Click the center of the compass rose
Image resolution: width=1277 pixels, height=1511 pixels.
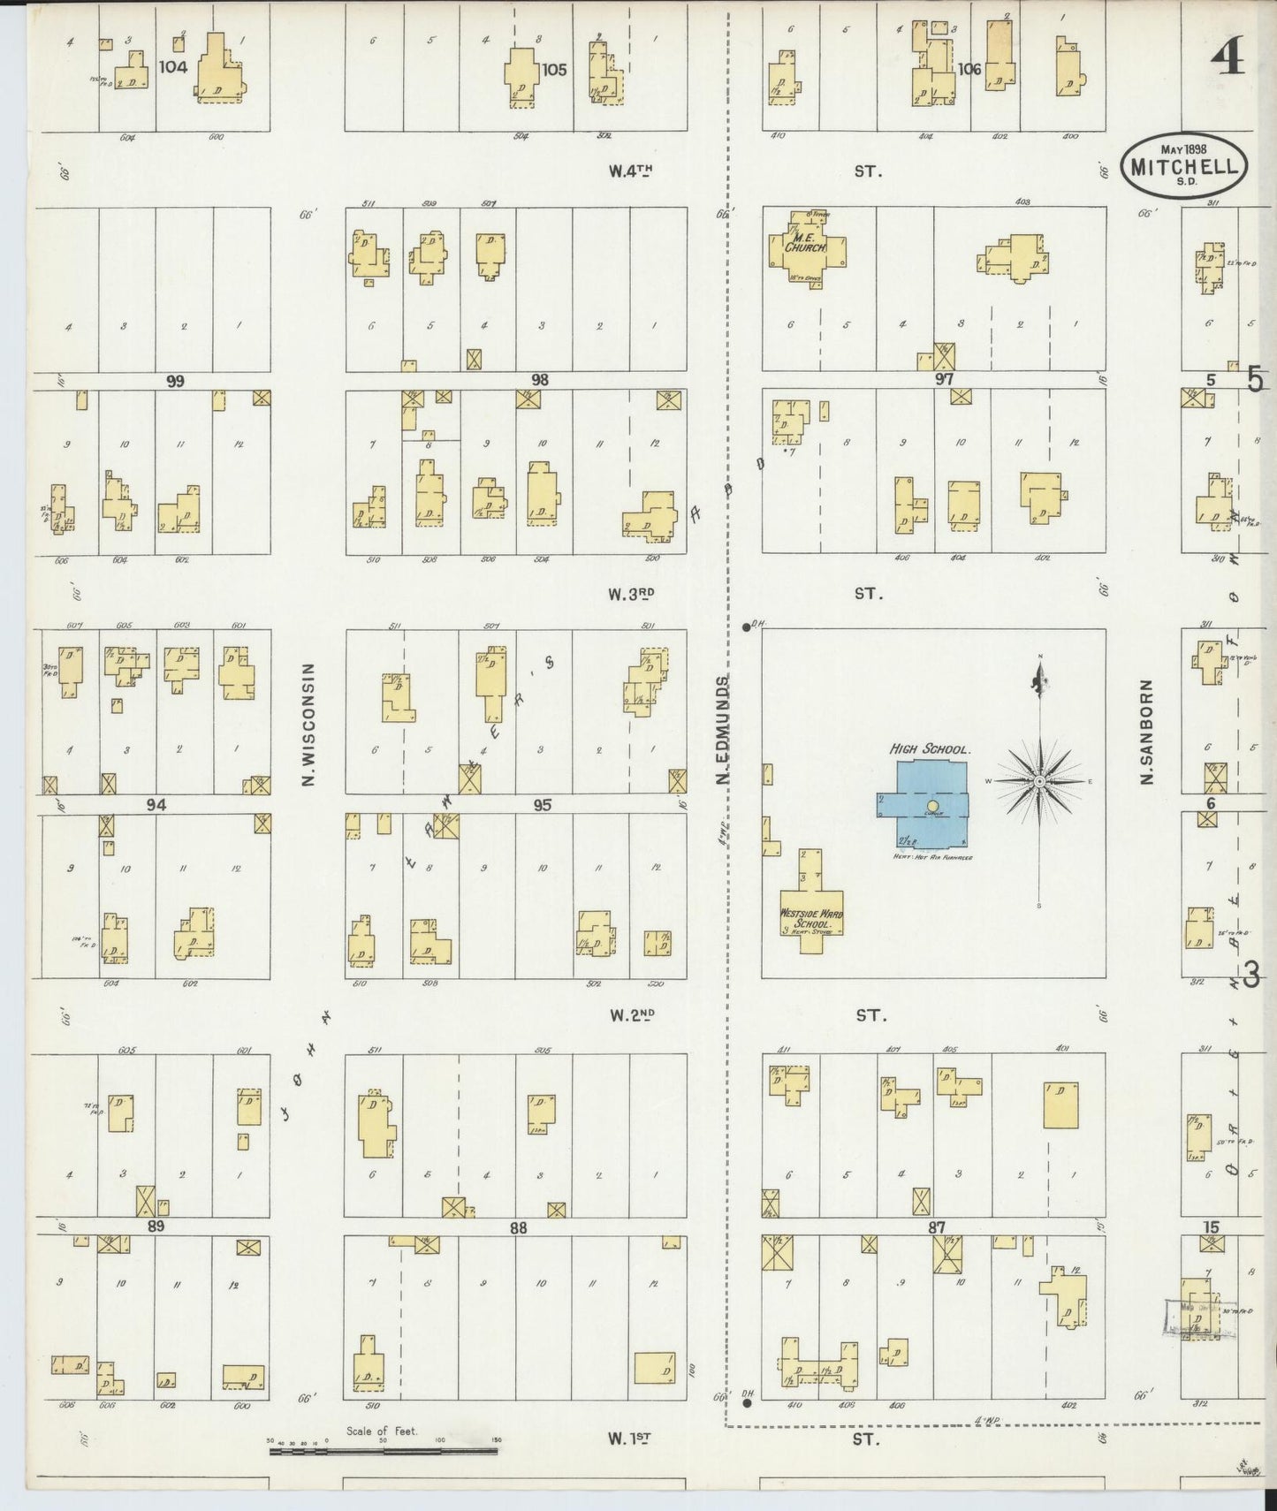pyautogui.click(x=1040, y=782)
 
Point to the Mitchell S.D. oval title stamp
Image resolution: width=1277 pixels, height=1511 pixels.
pyautogui.click(x=1184, y=164)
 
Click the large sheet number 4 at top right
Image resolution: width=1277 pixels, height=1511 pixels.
pyautogui.click(x=1228, y=58)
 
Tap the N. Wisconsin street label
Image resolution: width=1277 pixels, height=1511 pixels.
pyautogui.click(x=309, y=725)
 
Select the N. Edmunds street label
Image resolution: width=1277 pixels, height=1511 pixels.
pyautogui.click(x=723, y=730)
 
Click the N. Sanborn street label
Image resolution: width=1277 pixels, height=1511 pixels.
pyautogui.click(x=1147, y=732)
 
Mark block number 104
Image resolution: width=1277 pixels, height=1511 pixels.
pyautogui.click(x=174, y=66)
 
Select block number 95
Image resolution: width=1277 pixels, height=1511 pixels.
pyautogui.click(x=542, y=804)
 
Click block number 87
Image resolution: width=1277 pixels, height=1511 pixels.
pyautogui.click(x=938, y=1227)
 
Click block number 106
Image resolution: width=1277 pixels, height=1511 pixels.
pyautogui.click(x=969, y=69)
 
